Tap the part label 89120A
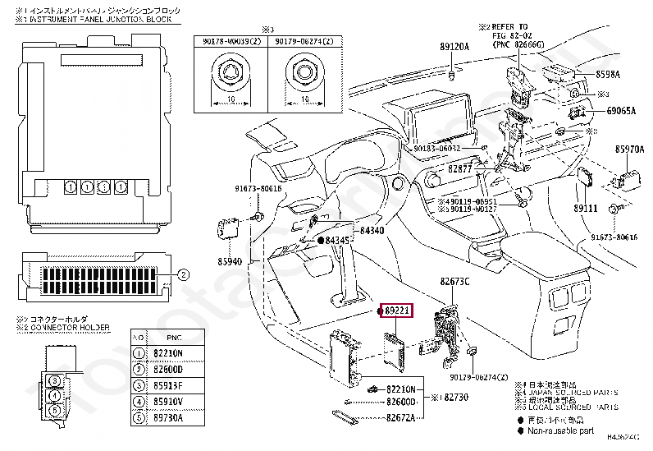(454, 48)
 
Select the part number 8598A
(607, 74)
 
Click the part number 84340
(372, 231)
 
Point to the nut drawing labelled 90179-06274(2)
(305, 75)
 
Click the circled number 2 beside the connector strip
(184, 274)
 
